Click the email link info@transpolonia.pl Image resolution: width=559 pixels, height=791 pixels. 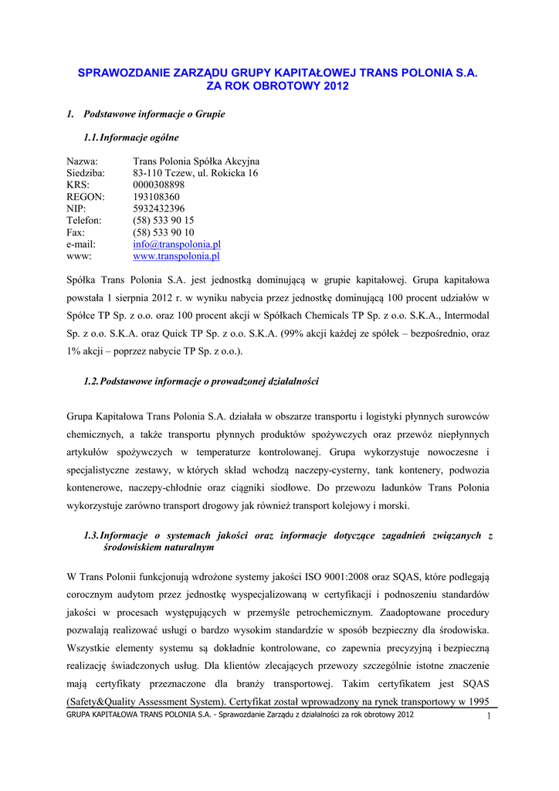click(x=177, y=244)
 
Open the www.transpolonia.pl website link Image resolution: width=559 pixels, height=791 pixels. click(x=177, y=256)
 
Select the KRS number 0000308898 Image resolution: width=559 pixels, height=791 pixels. click(x=158, y=185)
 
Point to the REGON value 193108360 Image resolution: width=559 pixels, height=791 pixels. click(x=156, y=197)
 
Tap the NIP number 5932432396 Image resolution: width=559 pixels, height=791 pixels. click(x=158, y=209)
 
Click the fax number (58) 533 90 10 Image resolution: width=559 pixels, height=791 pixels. click(x=163, y=233)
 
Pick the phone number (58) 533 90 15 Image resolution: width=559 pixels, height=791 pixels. click(x=163, y=221)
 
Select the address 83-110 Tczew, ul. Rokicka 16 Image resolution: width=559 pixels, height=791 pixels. click(x=195, y=173)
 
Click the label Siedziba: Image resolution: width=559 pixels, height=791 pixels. click(x=86, y=173)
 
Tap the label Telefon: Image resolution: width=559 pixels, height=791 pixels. click(x=84, y=221)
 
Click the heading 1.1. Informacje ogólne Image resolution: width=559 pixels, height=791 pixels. click(x=131, y=137)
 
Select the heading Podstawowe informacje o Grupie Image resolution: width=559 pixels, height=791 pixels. click(x=154, y=114)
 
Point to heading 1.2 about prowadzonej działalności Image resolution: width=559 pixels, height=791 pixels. click(x=201, y=382)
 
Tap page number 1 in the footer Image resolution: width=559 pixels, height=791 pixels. click(x=490, y=717)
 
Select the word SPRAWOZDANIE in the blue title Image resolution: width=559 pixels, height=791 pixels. click(x=117, y=72)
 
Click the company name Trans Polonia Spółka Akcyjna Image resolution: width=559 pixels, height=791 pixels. click(x=196, y=161)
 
